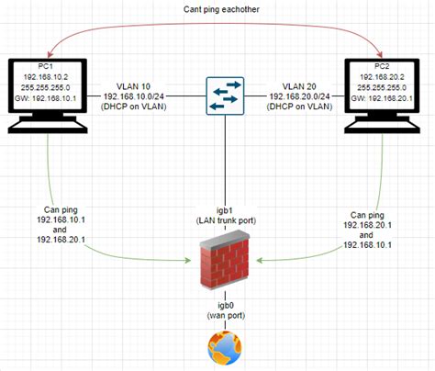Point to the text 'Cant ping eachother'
coord(217,10)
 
